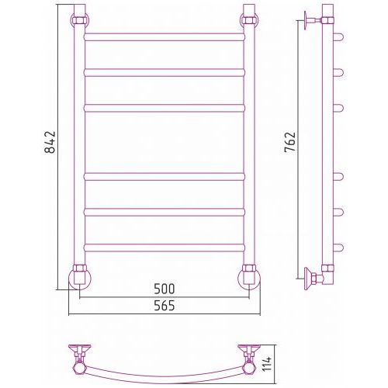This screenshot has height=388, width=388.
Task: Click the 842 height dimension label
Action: point(50,142)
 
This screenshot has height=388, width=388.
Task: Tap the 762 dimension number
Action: point(289,142)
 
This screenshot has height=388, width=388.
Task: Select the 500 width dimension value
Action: point(165,289)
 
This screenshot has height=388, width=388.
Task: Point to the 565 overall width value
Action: point(165,306)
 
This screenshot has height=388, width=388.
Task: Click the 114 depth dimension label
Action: point(267,364)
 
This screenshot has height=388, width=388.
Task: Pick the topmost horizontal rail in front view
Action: point(165,37)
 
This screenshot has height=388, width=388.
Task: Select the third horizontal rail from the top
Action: point(165,108)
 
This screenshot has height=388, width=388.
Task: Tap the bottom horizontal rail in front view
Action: point(165,248)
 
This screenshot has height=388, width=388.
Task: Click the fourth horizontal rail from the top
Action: point(165,177)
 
